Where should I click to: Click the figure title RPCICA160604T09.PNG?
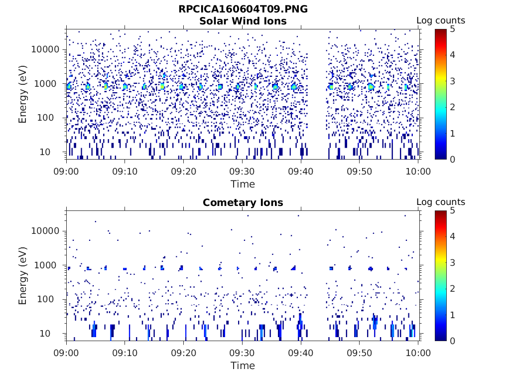pyautogui.click(x=243, y=9)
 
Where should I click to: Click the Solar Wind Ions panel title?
pyautogui.click(x=243, y=21)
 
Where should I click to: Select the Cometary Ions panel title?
pyautogui.click(x=243, y=202)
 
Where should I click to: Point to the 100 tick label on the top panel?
pyautogui.click(x=52, y=118)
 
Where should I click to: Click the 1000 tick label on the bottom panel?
pyautogui.click(x=49, y=265)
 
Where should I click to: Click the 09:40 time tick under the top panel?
pyautogui.click(x=301, y=172)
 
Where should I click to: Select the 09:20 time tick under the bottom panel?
pyautogui.click(x=184, y=353)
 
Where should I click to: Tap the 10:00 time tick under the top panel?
pyautogui.click(x=418, y=172)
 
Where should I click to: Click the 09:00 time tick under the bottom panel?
pyautogui.click(x=67, y=353)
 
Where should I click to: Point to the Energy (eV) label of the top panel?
pyautogui.click(x=23, y=94)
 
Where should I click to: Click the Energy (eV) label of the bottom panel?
pyautogui.click(x=23, y=275)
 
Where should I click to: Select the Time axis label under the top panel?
pyautogui.click(x=243, y=184)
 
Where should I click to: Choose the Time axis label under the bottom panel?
pyautogui.click(x=243, y=366)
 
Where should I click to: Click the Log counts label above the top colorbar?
pyautogui.click(x=440, y=20)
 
